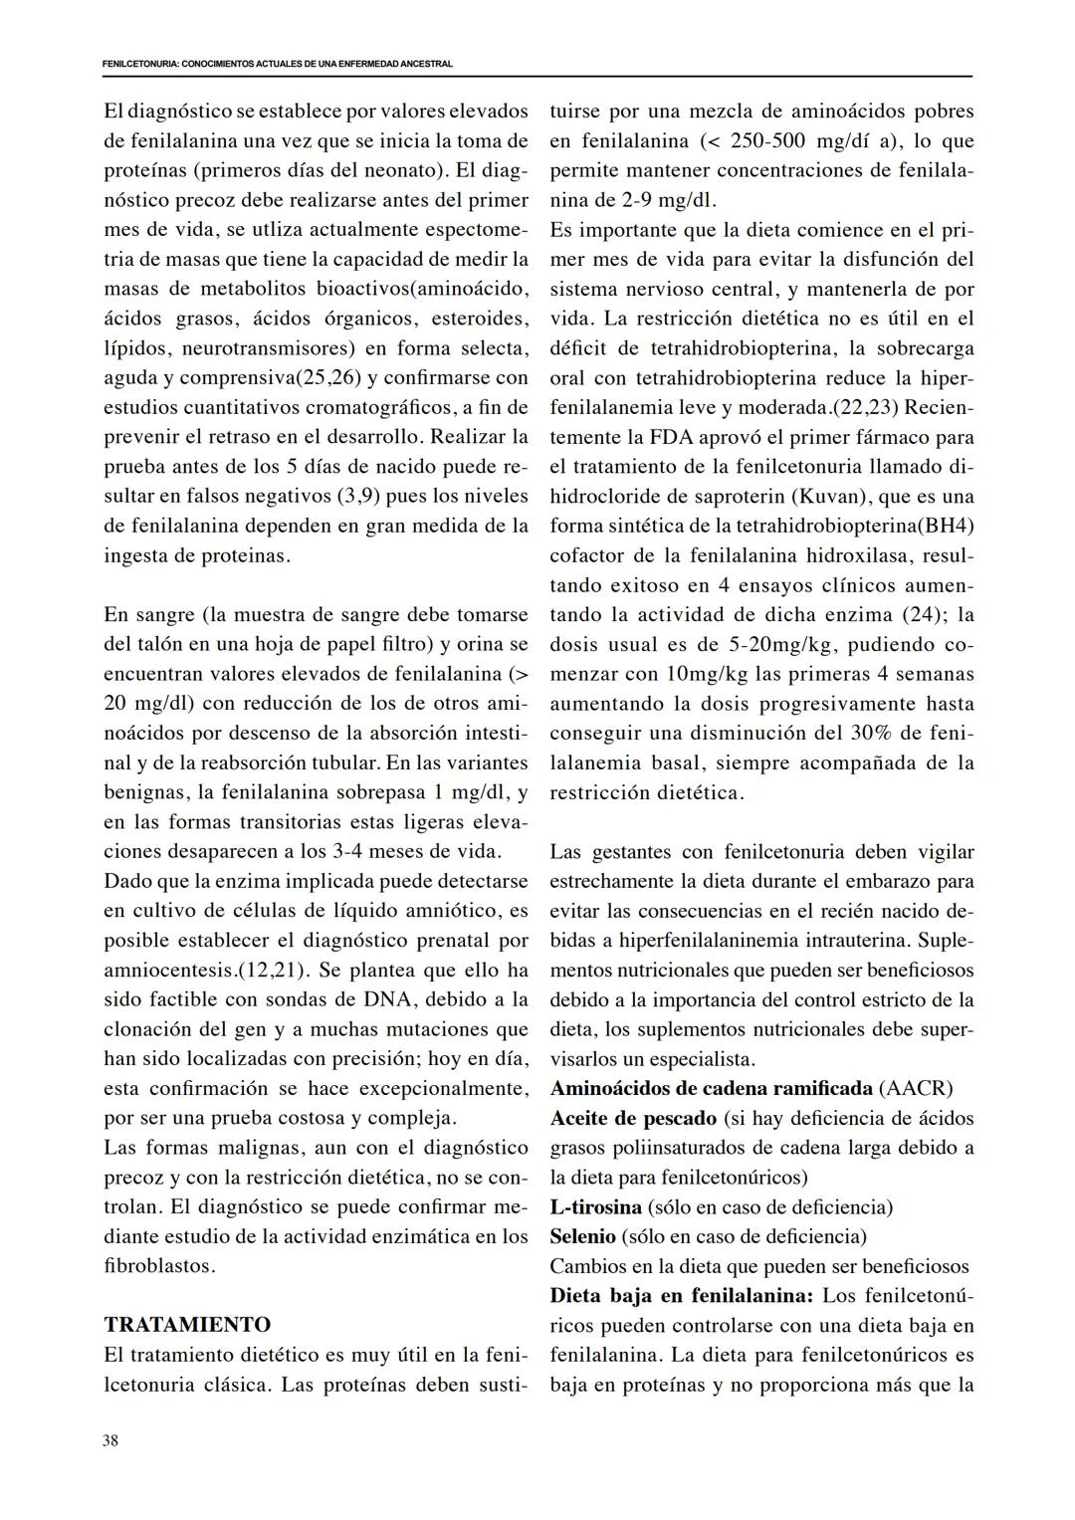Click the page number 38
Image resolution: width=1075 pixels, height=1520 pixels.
(110, 1440)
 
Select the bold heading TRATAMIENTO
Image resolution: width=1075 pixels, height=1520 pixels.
(187, 1325)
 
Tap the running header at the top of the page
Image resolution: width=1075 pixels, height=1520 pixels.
(277, 64)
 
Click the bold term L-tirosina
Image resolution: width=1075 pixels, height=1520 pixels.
(595, 1206)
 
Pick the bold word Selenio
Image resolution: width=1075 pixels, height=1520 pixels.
(582, 1236)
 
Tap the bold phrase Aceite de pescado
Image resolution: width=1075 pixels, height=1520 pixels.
(633, 1118)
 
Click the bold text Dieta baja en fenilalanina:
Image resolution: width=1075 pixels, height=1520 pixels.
(682, 1296)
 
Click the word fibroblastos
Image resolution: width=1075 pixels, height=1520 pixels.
(158, 1266)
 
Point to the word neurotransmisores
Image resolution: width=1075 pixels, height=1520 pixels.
(270, 348)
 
